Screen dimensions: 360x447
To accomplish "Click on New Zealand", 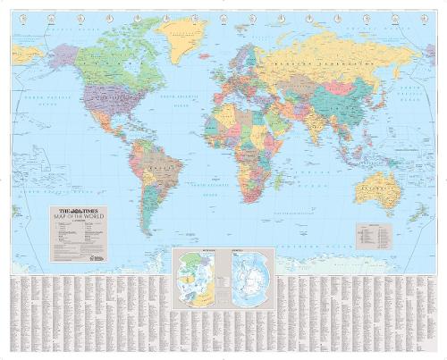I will point(417,213).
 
